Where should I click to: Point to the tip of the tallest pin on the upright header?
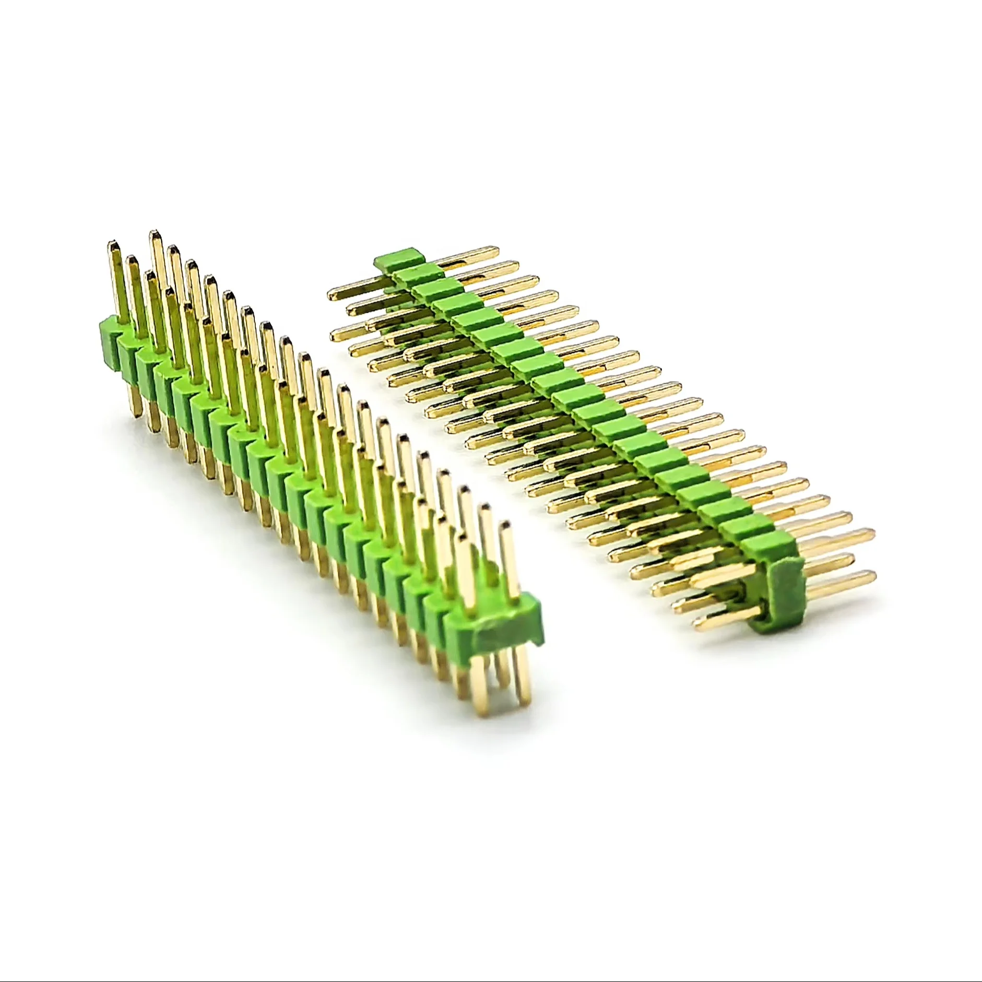click(x=155, y=233)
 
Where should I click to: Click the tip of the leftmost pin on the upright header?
click(x=112, y=244)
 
